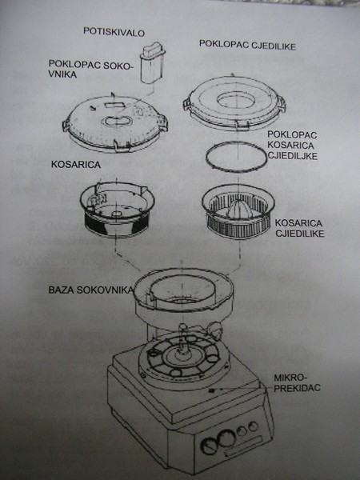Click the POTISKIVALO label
pos(114,32)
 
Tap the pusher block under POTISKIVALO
pos(152,62)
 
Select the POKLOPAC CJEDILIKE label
pos(247,45)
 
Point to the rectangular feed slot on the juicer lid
pos(114,105)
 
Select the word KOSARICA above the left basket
pos(76,164)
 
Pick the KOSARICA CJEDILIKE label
pos(298,228)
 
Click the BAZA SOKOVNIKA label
pos(90,290)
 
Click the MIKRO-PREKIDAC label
pos(296,382)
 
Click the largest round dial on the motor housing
pos(226,438)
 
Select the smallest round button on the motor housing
pos(253,426)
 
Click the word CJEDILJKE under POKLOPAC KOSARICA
pos(292,155)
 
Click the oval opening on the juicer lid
pos(116,121)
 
